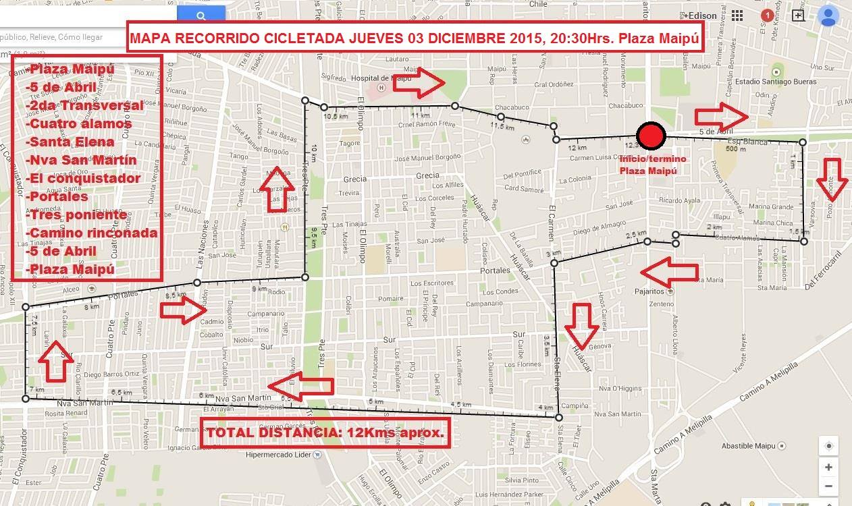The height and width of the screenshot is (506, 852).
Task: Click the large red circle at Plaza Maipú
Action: (x=651, y=136)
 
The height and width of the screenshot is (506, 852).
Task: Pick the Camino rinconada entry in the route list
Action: (x=92, y=233)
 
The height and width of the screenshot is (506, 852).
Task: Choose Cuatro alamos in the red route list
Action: (x=79, y=123)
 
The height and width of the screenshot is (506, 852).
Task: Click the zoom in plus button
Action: (x=828, y=466)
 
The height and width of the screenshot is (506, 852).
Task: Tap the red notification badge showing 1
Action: (x=767, y=15)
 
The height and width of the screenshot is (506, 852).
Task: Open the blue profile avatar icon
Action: (x=828, y=16)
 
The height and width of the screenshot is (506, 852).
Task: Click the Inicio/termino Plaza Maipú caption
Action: (x=653, y=165)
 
